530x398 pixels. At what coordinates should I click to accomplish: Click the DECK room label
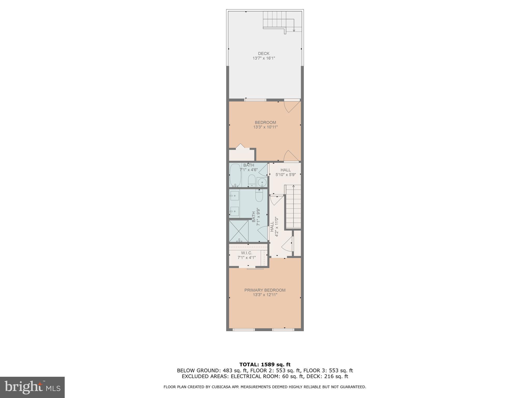pyautogui.click(x=263, y=54)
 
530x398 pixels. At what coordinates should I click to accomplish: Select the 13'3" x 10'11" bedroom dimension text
pyautogui.click(x=265, y=127)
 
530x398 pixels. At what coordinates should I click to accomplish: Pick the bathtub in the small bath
pyautogui.click(x=235, y=175)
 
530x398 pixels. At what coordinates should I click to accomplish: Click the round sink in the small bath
pyautogui.click(x=262, y=182)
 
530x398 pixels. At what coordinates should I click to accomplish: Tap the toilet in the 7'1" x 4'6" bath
pyautogui.click(x=252, y=180)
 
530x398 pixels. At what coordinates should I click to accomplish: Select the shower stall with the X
pyautogui.click(x=239, y=231)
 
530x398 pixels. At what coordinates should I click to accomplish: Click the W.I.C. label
pyautogui.click(x=246, y=253)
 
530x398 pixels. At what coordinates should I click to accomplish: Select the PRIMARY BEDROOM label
pyautogui.click(x=265, y=290)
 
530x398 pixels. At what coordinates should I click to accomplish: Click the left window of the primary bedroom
pyautogui.click(x=244, y=330)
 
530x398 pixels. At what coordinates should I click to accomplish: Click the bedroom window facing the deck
pyautogui.click(x=255, y=100)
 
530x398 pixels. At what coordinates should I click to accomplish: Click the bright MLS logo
pyautogui.click(x=32, y=387)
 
